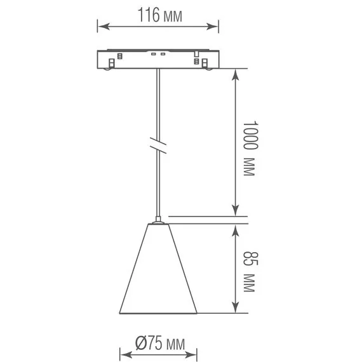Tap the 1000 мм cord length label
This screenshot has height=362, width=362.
point(248,149)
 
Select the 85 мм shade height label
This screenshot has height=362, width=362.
point(248,272)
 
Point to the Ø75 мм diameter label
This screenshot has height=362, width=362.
point(159,344)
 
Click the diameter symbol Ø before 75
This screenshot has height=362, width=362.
point(140,344)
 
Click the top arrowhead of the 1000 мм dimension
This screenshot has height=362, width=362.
point(236,72)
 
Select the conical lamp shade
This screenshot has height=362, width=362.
point(159,273)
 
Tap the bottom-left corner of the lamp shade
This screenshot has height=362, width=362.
point(120,312)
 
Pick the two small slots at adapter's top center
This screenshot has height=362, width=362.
point(159,54)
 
